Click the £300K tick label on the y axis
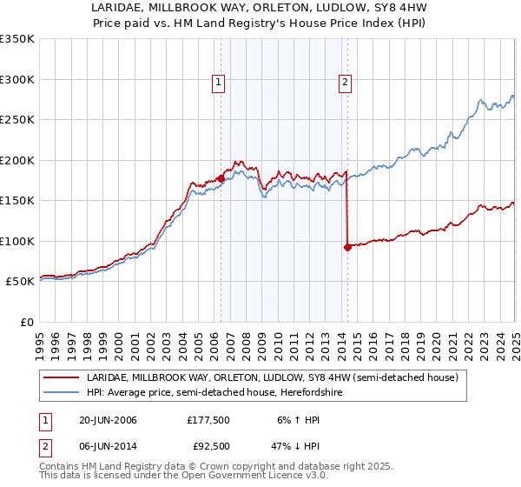17,79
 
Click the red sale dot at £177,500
221,178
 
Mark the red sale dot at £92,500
347,247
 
